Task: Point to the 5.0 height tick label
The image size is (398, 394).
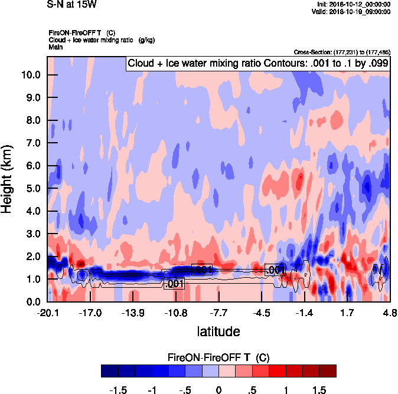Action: [x=33, y=189]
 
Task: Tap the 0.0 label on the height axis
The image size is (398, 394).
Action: [x=33, y=302]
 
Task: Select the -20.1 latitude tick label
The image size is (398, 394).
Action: [x=48, y=312]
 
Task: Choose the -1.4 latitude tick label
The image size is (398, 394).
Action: [x=304, y=312]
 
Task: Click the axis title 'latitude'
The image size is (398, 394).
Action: [x=218, y=331]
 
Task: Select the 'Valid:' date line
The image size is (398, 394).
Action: [x=352, y=11]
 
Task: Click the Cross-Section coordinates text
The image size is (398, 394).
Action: [x=341, y=52]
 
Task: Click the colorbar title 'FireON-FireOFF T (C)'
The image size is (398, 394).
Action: [x=218, y=357]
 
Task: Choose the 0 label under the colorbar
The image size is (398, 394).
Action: [x=218, y=389]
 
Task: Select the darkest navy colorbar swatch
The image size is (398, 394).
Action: [x=110, y=371]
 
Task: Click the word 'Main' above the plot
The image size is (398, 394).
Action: [x=56, y=46]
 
